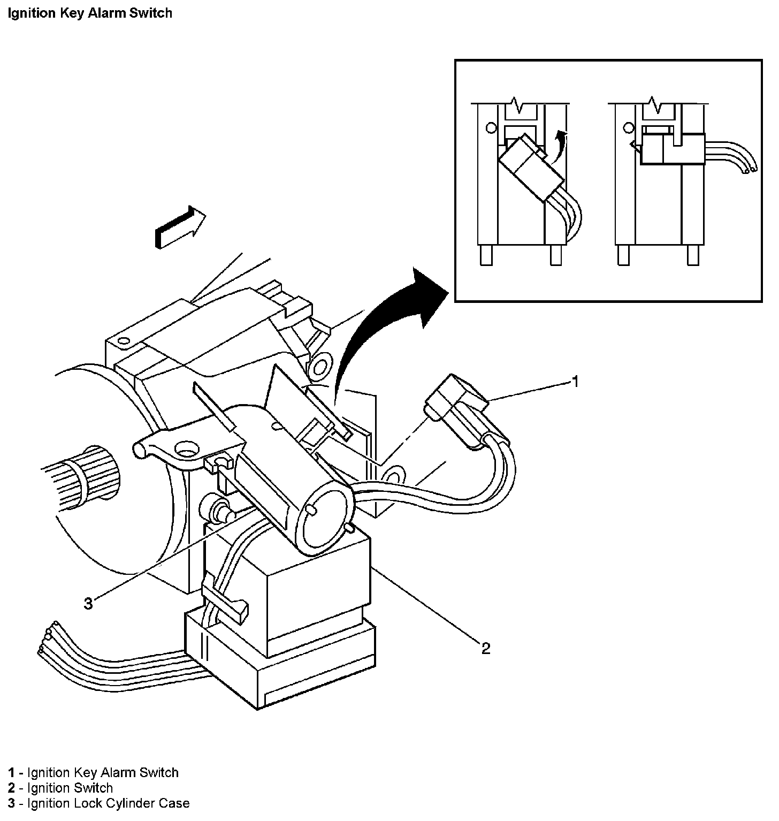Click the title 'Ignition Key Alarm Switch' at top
[90, 13]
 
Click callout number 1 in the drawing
[575, 382]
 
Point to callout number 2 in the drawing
[485, 649]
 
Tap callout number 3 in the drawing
[88, 604]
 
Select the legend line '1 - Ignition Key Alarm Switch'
[93, 772]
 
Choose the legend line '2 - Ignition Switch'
[60, 788]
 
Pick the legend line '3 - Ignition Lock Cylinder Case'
[99, 803]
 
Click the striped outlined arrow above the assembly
[180, 226]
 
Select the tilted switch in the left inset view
[527, 169]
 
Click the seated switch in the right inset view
[671, 149]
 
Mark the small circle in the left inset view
[490, 128]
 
